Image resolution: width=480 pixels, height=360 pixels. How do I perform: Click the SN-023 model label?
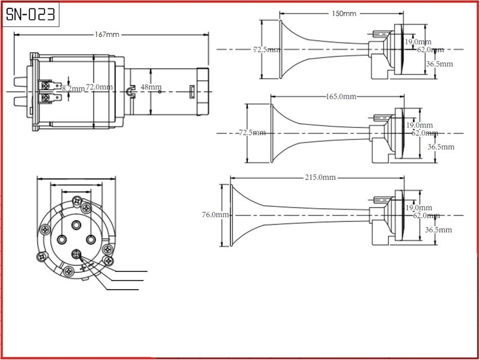(31, 14)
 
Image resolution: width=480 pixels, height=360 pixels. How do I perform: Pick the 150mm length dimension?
(343, 13)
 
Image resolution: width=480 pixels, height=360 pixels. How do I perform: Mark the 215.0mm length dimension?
(319, 177)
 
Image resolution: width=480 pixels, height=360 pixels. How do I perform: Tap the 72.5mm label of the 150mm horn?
(266, 50)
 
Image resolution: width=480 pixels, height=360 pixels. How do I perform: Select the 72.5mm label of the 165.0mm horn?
(252, 132)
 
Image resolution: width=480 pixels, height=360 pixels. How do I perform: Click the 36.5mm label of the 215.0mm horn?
(440, 229)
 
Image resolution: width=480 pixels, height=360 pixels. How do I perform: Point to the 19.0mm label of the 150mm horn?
(418, 41)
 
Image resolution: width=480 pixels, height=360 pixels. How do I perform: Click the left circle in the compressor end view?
(62, 239)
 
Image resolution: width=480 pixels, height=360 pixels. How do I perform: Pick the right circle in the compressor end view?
(91, 239)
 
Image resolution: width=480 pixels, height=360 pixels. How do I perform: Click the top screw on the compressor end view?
(76, 200)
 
